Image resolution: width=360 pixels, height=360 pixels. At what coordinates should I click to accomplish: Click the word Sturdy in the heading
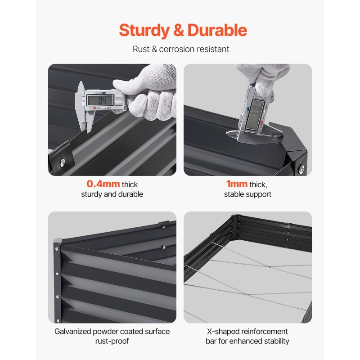click(144, 31)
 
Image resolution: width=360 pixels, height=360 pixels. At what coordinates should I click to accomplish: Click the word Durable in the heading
click(217, 30)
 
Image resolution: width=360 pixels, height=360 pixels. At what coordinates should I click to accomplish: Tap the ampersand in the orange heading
click(179, 30)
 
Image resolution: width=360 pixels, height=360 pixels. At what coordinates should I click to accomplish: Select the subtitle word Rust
click(141, 49)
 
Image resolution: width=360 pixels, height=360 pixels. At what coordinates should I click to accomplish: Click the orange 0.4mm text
click(103, 184)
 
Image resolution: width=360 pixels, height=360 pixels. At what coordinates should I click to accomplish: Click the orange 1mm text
click(237, 184)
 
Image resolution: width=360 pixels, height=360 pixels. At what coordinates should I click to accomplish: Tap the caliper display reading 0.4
click(100, 100)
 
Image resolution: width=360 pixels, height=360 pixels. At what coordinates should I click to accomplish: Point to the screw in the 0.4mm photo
click(62, 162)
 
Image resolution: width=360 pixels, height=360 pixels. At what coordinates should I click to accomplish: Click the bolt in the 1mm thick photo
click(301, 169)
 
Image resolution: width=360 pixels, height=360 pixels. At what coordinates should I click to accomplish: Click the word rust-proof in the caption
click(112, 341)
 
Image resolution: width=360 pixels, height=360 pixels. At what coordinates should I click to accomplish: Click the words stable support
click(247, 194)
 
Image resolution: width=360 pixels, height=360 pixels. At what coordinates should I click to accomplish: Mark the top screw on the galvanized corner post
click(57, 249)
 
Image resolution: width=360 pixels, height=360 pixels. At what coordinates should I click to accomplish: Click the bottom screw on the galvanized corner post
click(58, 320)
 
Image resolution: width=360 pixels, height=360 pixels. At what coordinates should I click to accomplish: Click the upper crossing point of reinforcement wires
click(270, 267)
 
